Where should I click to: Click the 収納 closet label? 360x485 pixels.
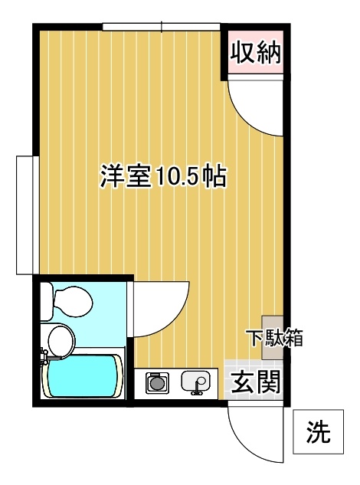click(256, 53)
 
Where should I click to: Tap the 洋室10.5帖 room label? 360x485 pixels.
click(163, 177)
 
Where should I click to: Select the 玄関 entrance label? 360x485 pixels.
click(256, 382)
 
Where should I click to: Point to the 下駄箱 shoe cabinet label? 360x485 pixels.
click(274, 338)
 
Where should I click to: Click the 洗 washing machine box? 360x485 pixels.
click(318, 432)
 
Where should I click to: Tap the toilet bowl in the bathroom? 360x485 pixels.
click(73, 302)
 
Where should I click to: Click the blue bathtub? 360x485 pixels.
click(83, 376)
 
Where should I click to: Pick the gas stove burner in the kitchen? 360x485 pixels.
click(158, 383)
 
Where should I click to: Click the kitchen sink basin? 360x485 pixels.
click(195, 382)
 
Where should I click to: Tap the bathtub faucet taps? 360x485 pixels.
click(44, 358)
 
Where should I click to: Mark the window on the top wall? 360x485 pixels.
click(161, 27)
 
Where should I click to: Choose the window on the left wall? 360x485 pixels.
click(28, 215)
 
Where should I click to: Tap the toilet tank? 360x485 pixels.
click(47, 301)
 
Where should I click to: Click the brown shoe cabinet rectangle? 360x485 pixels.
click(273, 337)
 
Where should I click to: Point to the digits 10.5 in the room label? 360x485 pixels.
click(176, 178)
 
